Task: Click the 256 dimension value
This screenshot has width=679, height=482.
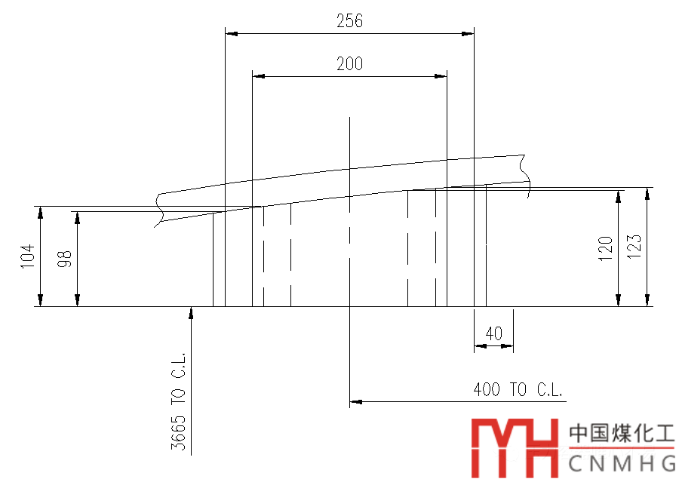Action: coord(349,21)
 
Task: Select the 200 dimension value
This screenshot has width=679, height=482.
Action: coord(349,63)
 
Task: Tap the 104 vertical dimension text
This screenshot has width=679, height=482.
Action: coord(27,256)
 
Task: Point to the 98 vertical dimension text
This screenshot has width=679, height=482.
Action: coord(65,259)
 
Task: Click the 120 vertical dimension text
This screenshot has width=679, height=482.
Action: coord(605,249)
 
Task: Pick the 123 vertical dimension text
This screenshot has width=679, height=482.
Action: coord(634,247)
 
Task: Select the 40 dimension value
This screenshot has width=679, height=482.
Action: coord(493,333)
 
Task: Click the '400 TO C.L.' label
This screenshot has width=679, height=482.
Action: coord(518,389)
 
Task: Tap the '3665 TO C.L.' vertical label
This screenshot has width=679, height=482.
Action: coord(178,401)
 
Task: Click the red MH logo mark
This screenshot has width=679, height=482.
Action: coord(515,448)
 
